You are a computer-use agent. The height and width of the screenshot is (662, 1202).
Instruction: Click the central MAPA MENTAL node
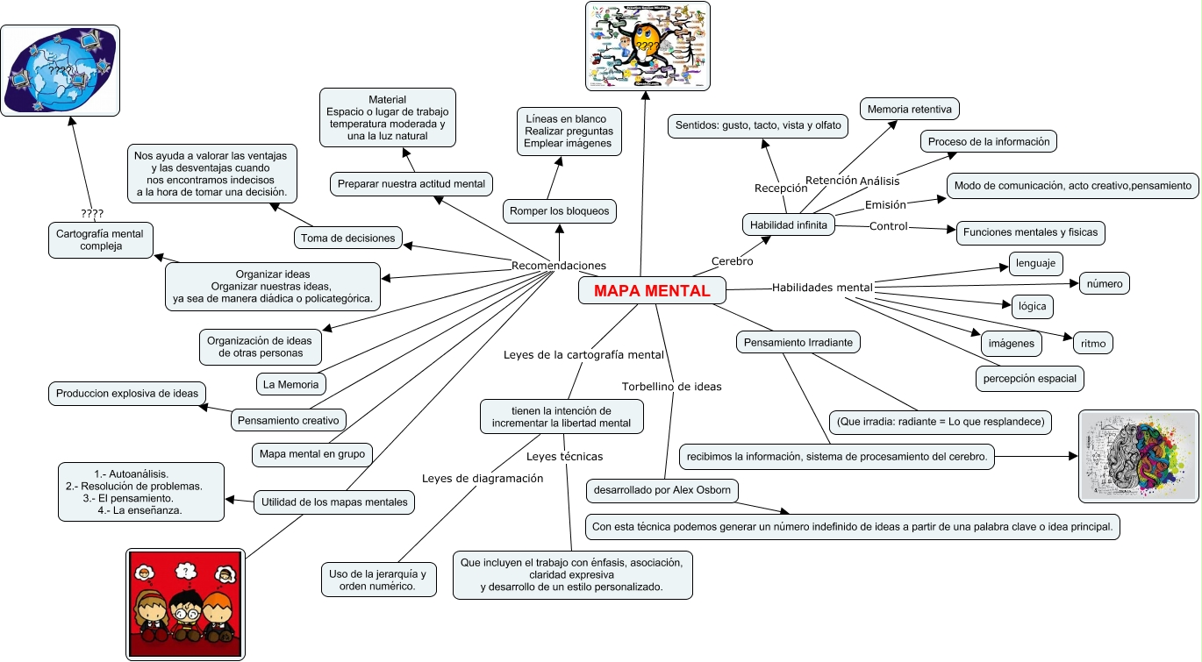tap(652, 291)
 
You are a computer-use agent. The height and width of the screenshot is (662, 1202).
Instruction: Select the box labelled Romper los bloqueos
tap(559, 211)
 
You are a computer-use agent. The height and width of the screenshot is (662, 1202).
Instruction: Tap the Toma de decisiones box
tap(348, 238)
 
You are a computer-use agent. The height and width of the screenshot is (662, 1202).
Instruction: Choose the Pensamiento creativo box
tap(289, 420)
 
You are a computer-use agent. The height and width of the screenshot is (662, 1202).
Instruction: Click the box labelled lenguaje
tap(1035, 263)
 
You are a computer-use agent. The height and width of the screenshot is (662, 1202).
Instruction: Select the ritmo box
tap(1093, 344)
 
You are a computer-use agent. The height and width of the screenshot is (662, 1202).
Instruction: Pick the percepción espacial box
tap(1030, 378)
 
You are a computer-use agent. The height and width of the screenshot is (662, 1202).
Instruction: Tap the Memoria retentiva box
tap(909, 110)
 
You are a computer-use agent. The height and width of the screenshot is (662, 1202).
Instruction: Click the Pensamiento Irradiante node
tap(798, 342)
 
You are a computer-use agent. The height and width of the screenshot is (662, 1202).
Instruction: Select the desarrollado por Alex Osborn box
tap(662, 490)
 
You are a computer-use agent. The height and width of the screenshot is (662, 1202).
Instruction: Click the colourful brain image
tap(1138, 456)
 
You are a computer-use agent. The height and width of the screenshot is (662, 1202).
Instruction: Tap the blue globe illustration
tap(60, 70)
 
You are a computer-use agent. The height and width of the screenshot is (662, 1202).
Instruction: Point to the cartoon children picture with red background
tap(184, 603)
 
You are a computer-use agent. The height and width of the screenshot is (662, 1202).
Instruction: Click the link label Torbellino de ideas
tap(671, 386)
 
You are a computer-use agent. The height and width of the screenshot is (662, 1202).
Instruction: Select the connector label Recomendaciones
tap(558, 266)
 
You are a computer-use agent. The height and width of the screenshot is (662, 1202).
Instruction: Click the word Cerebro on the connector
tap(732, 261)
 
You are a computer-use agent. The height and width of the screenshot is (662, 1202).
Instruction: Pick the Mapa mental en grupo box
tap(311, 454)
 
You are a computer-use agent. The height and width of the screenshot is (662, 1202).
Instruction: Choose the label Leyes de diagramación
tap(483, 478)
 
